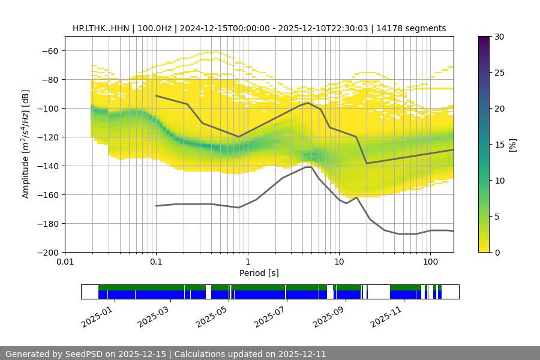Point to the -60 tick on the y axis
click(49, 50)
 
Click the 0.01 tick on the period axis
click(65, 262)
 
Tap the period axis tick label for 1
click(247, 262)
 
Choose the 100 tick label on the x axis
click(430, 262)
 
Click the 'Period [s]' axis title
click(259, 273)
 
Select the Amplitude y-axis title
click(26, 144)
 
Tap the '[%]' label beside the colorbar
click(512, 145)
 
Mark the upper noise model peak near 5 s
click(308, 103)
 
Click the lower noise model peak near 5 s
click(308, 167)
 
